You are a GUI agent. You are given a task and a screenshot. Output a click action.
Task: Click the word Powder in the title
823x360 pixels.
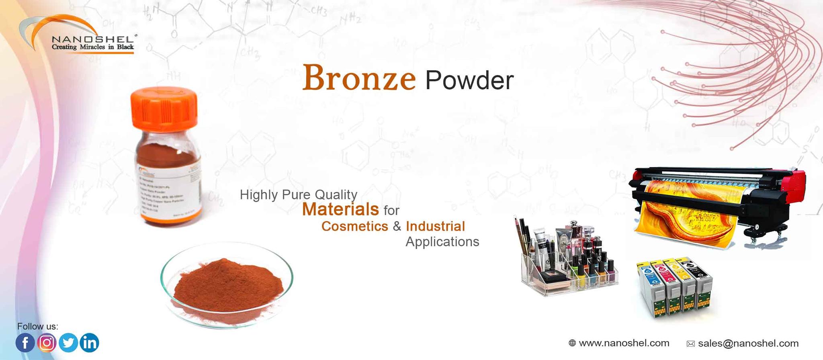coord(469,80)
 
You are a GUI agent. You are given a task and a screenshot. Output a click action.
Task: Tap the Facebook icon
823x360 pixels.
coord(25,343)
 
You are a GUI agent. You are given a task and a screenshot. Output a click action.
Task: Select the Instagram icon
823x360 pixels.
coord(47,343)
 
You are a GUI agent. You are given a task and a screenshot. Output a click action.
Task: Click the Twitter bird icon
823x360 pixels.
coord(68,343)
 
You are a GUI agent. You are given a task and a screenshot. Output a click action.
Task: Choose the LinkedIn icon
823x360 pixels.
coord(89,343)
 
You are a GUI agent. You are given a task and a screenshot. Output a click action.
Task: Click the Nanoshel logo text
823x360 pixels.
coord(92,40)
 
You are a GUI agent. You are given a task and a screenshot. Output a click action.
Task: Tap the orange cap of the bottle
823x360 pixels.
coord(164,106)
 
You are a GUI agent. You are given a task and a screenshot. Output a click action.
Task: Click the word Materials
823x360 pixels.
coord(340,209)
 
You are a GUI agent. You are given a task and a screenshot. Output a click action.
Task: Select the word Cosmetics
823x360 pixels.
coord(354,226)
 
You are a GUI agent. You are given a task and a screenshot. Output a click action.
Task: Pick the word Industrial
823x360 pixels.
coord(435,226)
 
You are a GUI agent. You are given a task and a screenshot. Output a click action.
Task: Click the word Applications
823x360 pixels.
coord(442,242)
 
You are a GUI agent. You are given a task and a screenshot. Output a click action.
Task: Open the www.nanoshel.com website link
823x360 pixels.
coord(624,343)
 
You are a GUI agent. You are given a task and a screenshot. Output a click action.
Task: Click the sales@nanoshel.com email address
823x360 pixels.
coord(748,344)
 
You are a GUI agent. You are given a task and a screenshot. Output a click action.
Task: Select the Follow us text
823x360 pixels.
coord(37,326)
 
